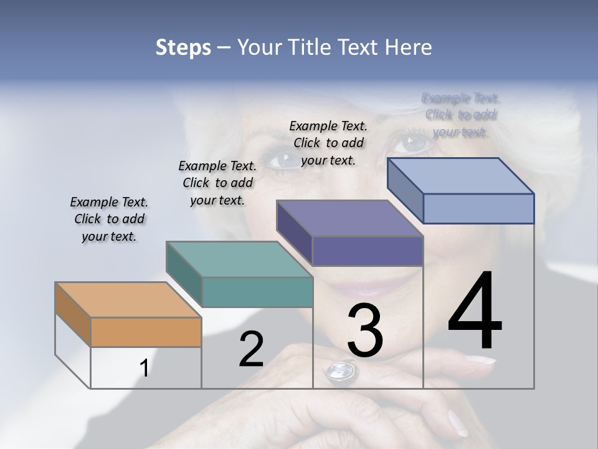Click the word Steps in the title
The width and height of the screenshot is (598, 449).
pos(183,47)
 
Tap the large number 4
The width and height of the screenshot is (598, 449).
pos(475,312)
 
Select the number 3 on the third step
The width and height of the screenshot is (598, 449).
pos(364,331)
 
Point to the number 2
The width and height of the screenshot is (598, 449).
pos(251,349)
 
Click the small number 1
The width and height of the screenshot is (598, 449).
pos(144,369)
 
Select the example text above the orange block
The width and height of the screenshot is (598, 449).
pos(109,220)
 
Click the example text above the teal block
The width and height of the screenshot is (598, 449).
pos(217,183)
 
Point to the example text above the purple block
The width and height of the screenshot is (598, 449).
pos(328,143)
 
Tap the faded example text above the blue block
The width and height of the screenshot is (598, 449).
pos(460,115)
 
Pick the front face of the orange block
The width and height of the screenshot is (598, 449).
pos(146,332)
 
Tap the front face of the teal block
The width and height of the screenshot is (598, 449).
pos(257,292)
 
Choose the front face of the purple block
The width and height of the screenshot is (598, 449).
pos(368,251)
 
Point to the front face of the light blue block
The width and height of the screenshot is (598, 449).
pos(478,208)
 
